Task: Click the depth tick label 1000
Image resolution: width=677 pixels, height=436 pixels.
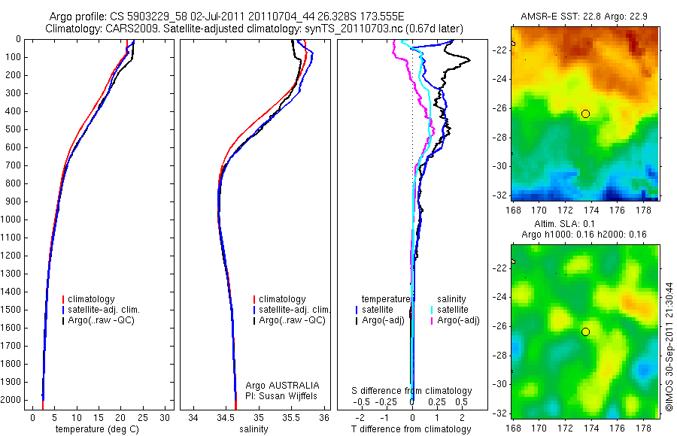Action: [11, 220]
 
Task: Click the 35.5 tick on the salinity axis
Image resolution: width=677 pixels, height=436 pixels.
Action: [292, 417]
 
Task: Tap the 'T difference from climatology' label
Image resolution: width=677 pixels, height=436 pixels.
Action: [411, 429]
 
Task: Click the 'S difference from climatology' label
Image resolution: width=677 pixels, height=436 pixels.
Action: [412, 391]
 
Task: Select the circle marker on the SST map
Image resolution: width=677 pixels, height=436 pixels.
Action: [585, 114]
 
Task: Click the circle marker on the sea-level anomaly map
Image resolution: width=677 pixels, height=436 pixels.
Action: [585, 332]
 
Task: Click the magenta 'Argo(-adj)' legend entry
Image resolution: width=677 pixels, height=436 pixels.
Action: [458, 320]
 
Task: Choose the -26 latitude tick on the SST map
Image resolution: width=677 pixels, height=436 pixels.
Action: [499, 108]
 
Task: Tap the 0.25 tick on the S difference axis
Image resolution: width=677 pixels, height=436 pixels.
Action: [436, 403]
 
